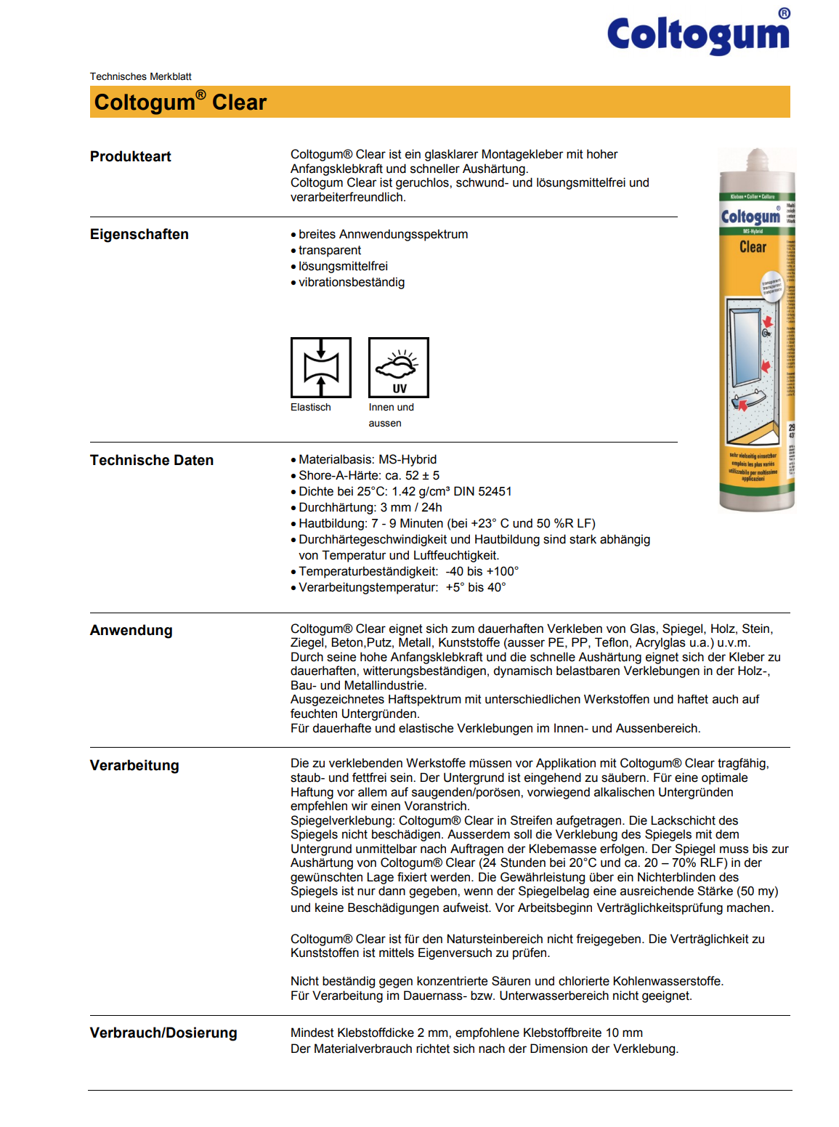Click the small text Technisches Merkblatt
(x=140, y=76)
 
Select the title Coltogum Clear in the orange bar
(x=180, y=102)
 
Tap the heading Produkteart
(x=131, y=156)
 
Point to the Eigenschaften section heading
(x=139, y=234)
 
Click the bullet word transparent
(x=330, y=250)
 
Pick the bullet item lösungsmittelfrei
(x=343, y=266)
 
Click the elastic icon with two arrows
(x=321, y=368)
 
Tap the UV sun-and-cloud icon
(x=399, y=368)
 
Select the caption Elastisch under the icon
(x=311, y=407)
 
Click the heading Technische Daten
(x=152, y=460)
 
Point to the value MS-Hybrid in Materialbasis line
(x=408, y=459)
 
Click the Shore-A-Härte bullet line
(x=369, y=475)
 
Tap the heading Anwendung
(x=131, y=630)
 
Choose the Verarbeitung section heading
(x=134, y=765)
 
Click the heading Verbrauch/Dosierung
(x=163, y=1033)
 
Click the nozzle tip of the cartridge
(x=758, y=155)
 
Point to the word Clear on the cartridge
(x=753, y=247)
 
